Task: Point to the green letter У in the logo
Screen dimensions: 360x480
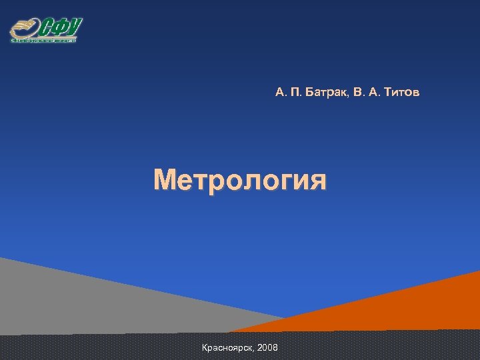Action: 74,27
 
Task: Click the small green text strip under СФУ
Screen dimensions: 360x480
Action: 43,41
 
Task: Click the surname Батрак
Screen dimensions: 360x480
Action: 325,93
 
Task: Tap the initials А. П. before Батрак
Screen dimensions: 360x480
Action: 287,93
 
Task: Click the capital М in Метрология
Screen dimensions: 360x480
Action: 165,180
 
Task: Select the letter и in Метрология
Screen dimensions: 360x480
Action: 299,182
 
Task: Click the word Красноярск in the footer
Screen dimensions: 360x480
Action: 226,348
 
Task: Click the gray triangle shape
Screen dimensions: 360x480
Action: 80,300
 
